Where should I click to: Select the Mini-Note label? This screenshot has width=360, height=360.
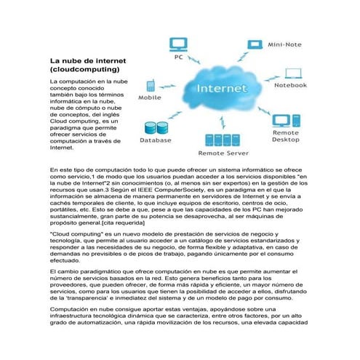point(286,44)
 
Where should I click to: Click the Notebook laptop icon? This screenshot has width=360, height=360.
point(293,73)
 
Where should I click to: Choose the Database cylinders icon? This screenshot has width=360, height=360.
point(154,129)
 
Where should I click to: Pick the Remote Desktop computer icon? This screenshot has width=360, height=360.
point(284,120)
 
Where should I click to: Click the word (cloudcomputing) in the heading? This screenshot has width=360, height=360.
point(76,68)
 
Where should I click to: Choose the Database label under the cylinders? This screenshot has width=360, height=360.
point(155,141)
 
